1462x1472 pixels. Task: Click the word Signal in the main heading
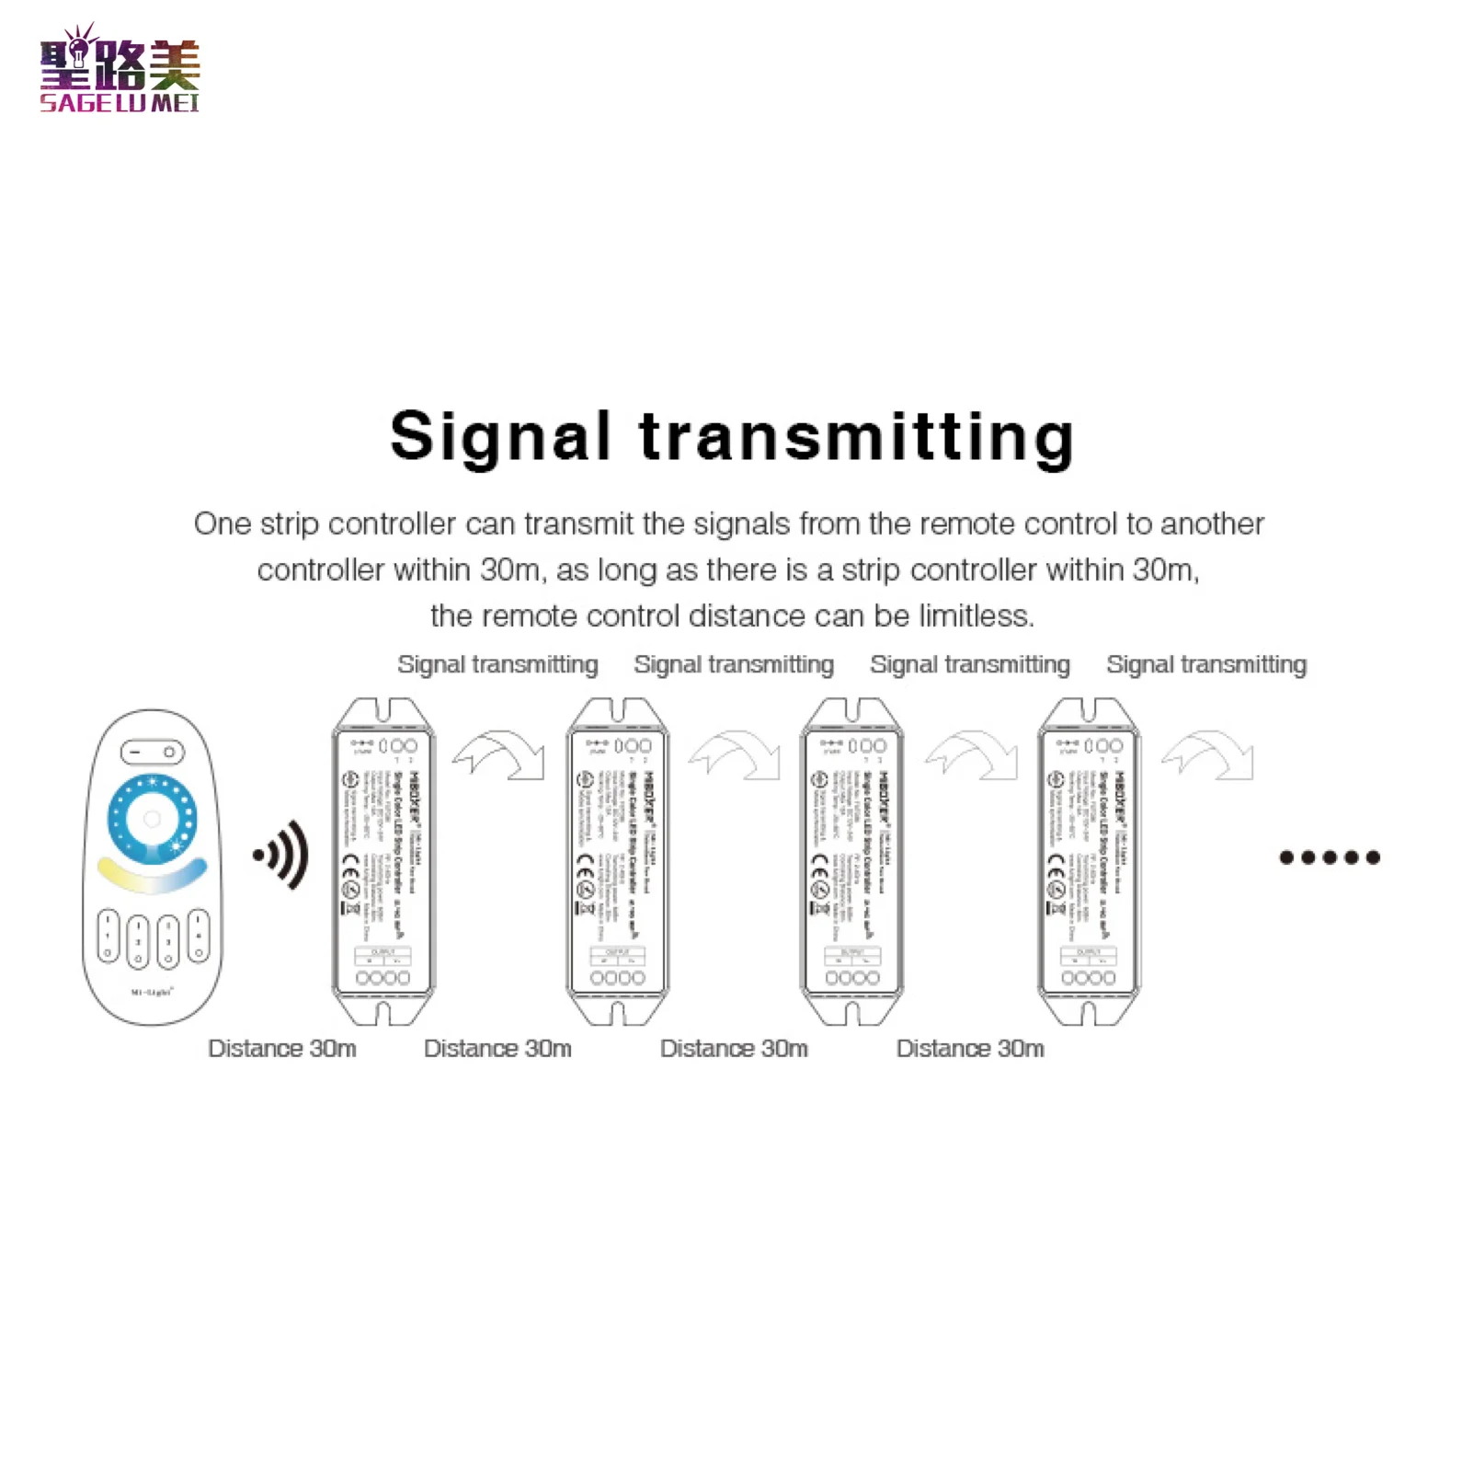500,436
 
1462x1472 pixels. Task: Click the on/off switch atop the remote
153,752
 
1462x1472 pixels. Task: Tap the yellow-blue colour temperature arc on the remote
152,877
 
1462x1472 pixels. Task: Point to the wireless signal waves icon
282,855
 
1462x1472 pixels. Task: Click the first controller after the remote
383,861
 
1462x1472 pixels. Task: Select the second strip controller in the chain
618,861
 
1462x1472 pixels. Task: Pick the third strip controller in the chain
852,861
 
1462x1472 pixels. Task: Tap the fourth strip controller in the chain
1089,861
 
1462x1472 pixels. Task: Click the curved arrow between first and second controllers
500,755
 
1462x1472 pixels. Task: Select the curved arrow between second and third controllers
736,755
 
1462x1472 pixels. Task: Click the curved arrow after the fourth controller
1208,755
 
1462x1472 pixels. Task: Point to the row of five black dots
1330,857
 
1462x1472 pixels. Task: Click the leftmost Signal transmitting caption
497,664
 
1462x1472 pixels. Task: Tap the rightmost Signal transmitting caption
1206,664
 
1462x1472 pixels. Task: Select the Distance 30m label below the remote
282,1048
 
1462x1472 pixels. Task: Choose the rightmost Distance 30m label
970,1048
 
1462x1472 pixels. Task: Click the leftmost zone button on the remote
109,937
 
